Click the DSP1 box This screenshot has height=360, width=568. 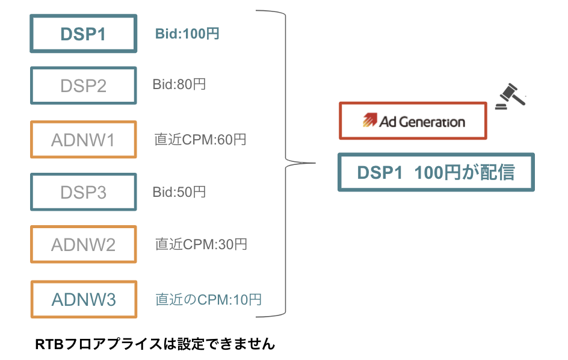point(84,34)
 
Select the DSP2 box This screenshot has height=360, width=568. point(84,85)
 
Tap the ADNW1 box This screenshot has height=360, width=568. point(84,140)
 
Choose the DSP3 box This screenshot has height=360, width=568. point(84,192)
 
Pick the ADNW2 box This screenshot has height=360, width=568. point(84,244)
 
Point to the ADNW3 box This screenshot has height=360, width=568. point(84,299)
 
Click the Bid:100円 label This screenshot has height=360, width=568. point(187,34)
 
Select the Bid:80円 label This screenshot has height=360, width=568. point(179,84)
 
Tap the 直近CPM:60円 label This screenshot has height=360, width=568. point(200,140)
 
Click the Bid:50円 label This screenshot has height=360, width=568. point(179,192)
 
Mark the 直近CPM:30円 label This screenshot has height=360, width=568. point(201,244)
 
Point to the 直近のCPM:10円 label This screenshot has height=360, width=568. point(209,299)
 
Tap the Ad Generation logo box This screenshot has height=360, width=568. point(413,121)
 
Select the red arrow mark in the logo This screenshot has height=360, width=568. point(369,121)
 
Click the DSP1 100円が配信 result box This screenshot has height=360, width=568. point(436,173)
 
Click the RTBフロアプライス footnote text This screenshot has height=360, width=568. point(155,344)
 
